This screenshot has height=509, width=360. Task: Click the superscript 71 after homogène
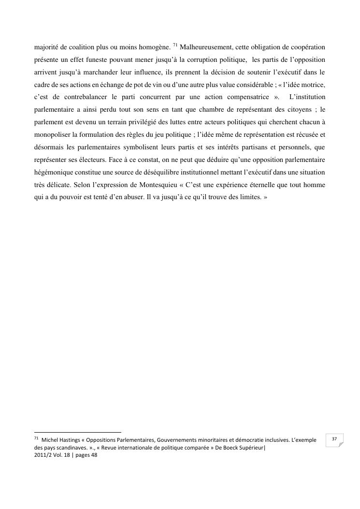click(175, 45)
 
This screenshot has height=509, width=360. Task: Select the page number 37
click(333, 439)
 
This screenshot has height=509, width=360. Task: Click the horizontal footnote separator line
click(77, 432)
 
